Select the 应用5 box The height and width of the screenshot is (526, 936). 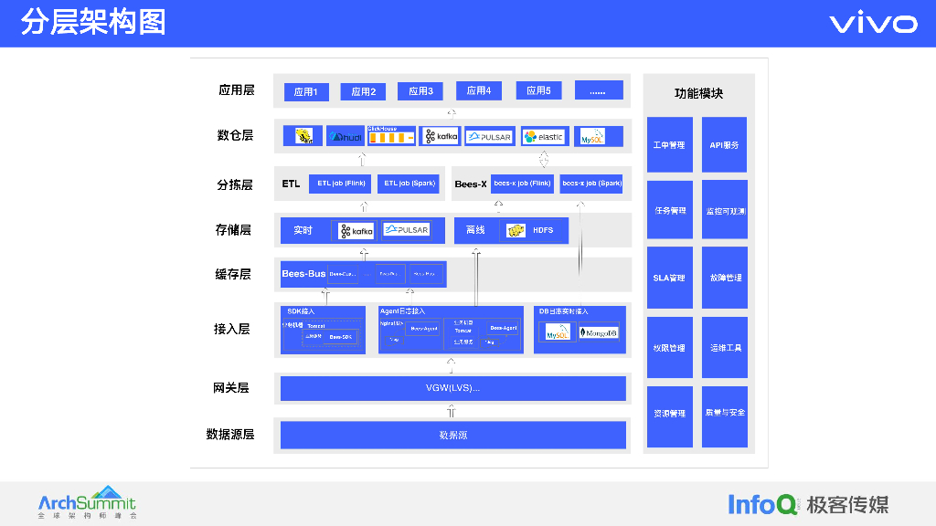coord(538,90)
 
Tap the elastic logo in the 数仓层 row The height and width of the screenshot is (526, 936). coord(544,137)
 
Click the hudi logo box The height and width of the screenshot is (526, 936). coord(345,137)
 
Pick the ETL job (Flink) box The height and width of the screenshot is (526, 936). coord(341,184)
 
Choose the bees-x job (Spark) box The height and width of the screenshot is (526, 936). coord(591,184)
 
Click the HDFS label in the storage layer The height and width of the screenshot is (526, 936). coord(543,230)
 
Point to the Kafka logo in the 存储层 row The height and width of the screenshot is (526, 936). coord(357,231)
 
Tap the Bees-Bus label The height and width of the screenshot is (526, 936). coord(303,274)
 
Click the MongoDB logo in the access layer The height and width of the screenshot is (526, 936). coord(599,333)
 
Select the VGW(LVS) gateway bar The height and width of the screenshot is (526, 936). coord(452,388)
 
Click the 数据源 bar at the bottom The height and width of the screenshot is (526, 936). coord(452,435)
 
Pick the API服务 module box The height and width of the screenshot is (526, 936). coord(724,145)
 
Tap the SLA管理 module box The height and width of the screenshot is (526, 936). coord(669,278)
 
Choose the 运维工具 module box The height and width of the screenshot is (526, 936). coord(724,348)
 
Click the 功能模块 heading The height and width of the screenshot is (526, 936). coord(698,93)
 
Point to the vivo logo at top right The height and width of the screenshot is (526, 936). coord(873,24)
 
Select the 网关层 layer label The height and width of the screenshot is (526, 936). coord(231,388)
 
